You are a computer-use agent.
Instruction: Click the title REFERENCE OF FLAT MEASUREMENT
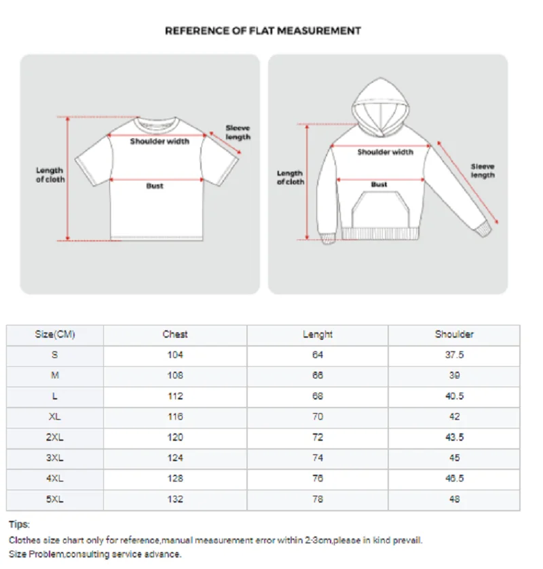pyautogui.click(x=263, y=31)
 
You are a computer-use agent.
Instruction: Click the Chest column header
pyautogui.click(x=175, y=334)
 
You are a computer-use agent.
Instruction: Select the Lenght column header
pyautogui.click(x=318, y=334)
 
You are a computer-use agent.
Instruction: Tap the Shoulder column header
pyautogui.click(x=454, y=334)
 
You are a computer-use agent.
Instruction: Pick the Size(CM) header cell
pyautogui.click(x=55, y=334)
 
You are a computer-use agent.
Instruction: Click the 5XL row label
pyautogui.click(x=55, y=499)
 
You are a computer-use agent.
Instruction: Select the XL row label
pyautogui.click(x=55, y=416)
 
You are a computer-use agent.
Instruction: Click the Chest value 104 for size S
pyautogui.click(x=175, y=355)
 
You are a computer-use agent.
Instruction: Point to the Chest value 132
pyautogui.click(x=175, y=499)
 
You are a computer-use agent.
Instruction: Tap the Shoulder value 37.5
pyautogui.click(x=454, y=355)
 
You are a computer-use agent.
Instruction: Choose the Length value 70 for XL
pyautogui.click(x=318, y=416)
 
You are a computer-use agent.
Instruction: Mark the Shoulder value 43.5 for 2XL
pyautogui.click(x=454, y=437)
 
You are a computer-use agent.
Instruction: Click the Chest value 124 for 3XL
pyautogui.click(x=175, y=458)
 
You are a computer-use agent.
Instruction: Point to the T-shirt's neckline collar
pyautogui.click(x=157, y=125)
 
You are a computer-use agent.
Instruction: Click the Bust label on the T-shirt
pyautogui.click(x=155, y=186)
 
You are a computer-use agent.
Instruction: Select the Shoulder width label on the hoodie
pyautogui.click(x=385, y=153)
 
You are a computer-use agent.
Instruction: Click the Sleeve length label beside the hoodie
pyautogui.click(x=483, y=171)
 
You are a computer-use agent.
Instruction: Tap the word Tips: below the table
pyautogui.click(x=19, y=524)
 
